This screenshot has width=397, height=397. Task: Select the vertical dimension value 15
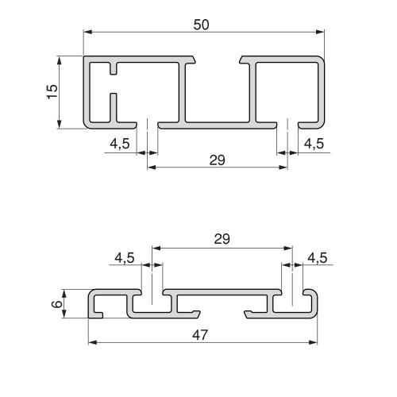coord(52,91)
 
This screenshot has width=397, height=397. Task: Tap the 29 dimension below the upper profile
coord(216,159)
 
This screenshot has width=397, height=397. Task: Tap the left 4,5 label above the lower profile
coord(125,257)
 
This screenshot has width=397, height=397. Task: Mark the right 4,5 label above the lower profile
coord(317,257)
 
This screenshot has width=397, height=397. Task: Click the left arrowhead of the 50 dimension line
coord(88,33)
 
